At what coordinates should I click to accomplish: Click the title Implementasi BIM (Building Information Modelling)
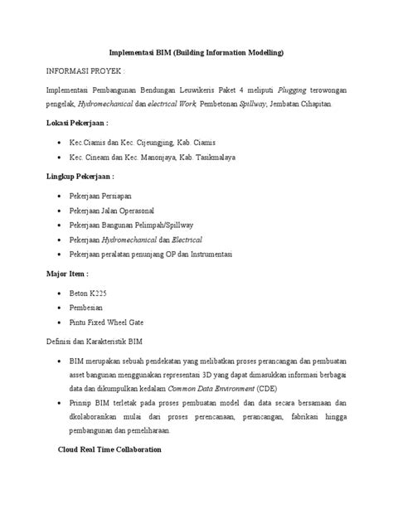196,53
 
